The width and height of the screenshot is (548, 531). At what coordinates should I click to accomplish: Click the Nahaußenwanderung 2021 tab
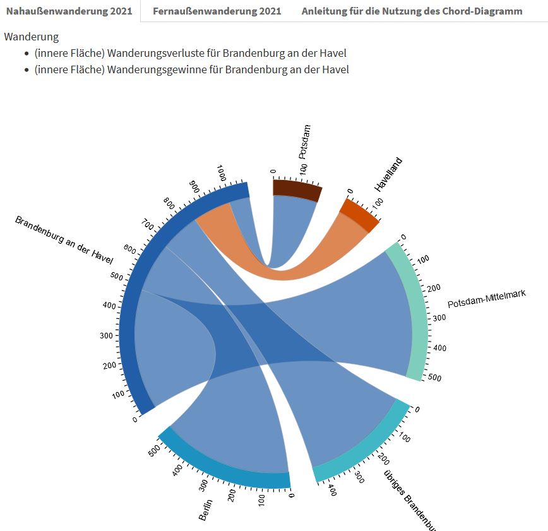tap(69, 11)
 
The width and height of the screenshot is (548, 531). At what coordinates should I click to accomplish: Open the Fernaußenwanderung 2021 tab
tap(217, 11)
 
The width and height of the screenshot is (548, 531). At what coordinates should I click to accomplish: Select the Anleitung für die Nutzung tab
tap(412, 11)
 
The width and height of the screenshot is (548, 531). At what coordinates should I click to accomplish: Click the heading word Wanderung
tap(31, 37)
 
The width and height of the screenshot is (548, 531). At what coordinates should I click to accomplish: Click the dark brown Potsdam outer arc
tap(296, 189)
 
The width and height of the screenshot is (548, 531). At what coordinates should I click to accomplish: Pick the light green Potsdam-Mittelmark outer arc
tap(415, 309)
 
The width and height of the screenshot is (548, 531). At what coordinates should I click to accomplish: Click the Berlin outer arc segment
tap(221, 468)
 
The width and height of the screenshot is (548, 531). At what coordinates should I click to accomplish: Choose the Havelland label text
tap(388, 174)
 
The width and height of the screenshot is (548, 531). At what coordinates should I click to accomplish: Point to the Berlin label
tap(206, 510)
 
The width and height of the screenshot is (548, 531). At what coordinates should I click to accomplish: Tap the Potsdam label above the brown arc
tap(304, 141)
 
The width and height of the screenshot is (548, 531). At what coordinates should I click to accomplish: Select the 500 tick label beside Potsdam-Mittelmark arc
tap(436, 378)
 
